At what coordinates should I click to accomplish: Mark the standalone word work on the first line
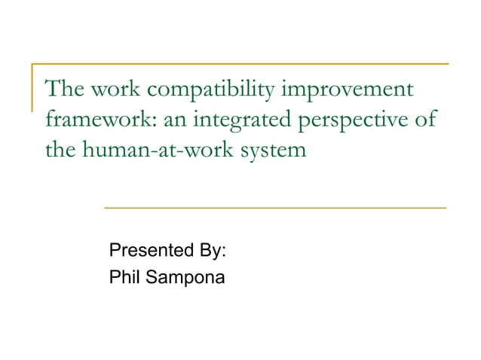pyautogui.click(x=119, y=90)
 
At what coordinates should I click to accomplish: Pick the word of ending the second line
pyautogui.click(x=424, y=121)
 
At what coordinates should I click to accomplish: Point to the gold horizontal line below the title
pyautogui.click(x=274, y=206)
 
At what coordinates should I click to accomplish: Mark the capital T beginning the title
pyautogui.click(x=52, y=90)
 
